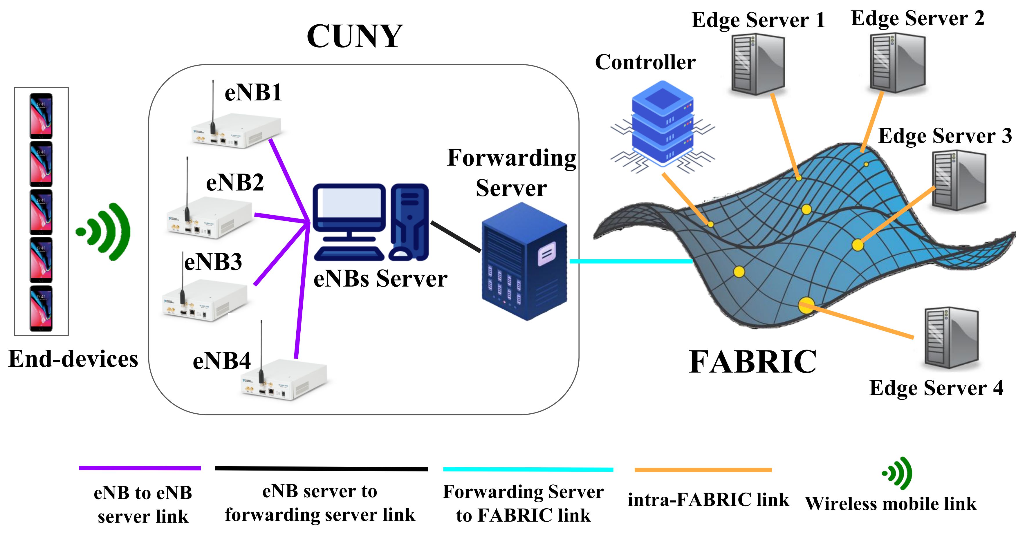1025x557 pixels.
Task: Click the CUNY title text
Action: tap(355, 37)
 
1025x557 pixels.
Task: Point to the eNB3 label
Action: tap(213, 263)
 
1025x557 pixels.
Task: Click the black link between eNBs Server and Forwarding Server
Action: tap(456, 237)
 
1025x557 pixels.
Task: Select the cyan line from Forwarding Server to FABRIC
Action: tap(631, 261)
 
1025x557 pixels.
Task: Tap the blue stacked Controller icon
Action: tap(662, 123)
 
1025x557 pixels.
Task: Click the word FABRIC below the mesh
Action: tap(752, 362)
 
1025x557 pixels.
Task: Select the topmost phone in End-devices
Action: tap(41, 116)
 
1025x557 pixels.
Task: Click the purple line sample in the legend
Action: tap(140, 468)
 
